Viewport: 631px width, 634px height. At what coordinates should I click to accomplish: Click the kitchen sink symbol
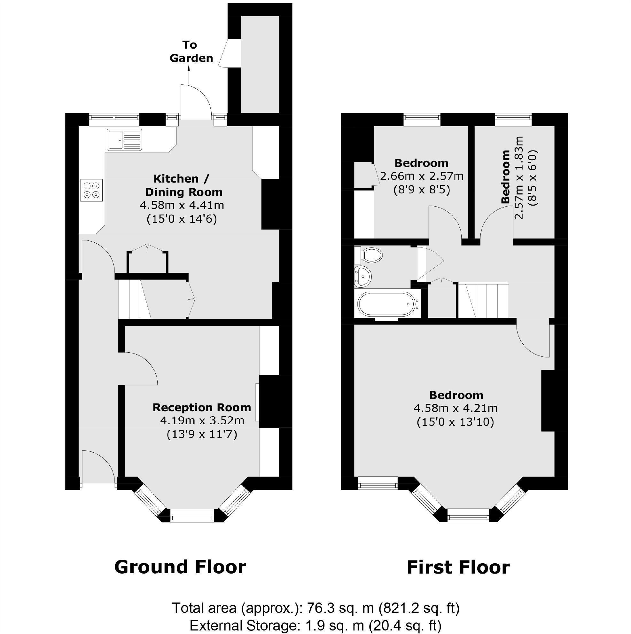[x=124, y=140]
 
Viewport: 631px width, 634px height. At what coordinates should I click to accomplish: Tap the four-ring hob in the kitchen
[x=91, y=190]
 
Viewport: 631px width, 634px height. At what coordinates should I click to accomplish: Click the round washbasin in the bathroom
[x=362, y=275]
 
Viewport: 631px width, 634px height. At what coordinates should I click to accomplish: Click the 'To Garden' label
[x=191, y=51]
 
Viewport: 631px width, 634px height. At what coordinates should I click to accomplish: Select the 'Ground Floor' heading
[x=180, y=567]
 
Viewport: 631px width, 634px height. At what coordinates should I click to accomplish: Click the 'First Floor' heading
[x=458, y=567]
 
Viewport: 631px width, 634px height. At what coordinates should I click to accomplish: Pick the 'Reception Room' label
[x=201, y=408]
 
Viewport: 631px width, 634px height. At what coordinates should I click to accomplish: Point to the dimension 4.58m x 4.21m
[x=456, y=409]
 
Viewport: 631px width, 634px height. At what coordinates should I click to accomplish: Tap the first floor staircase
[x=483, y=300]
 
